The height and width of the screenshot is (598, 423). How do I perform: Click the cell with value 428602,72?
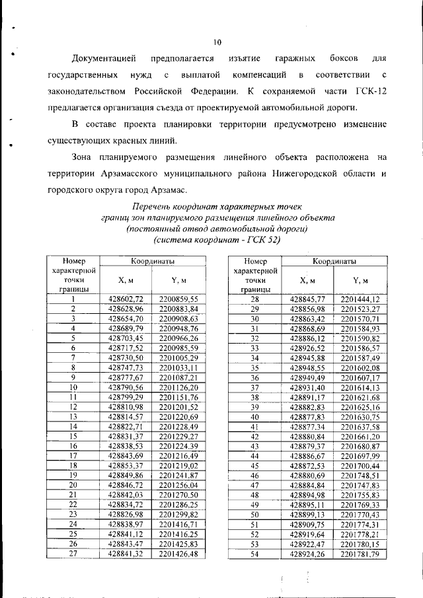126,299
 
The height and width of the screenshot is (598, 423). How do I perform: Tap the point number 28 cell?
254,299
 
